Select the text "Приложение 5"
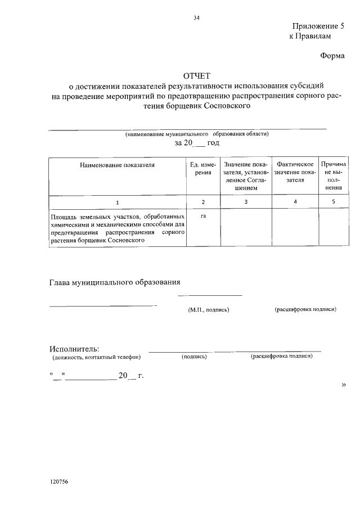(317, 26)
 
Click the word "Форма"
(332, 56)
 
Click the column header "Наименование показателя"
(117, 165)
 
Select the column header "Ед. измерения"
(203, 169)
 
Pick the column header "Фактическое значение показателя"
(295, 172)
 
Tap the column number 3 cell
(246, 201)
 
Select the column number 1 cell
(117, 201)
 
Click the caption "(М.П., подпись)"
(209, 310)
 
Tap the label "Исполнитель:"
(74, 349)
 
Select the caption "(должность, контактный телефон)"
(96, 357)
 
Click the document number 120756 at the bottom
(58, 483)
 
